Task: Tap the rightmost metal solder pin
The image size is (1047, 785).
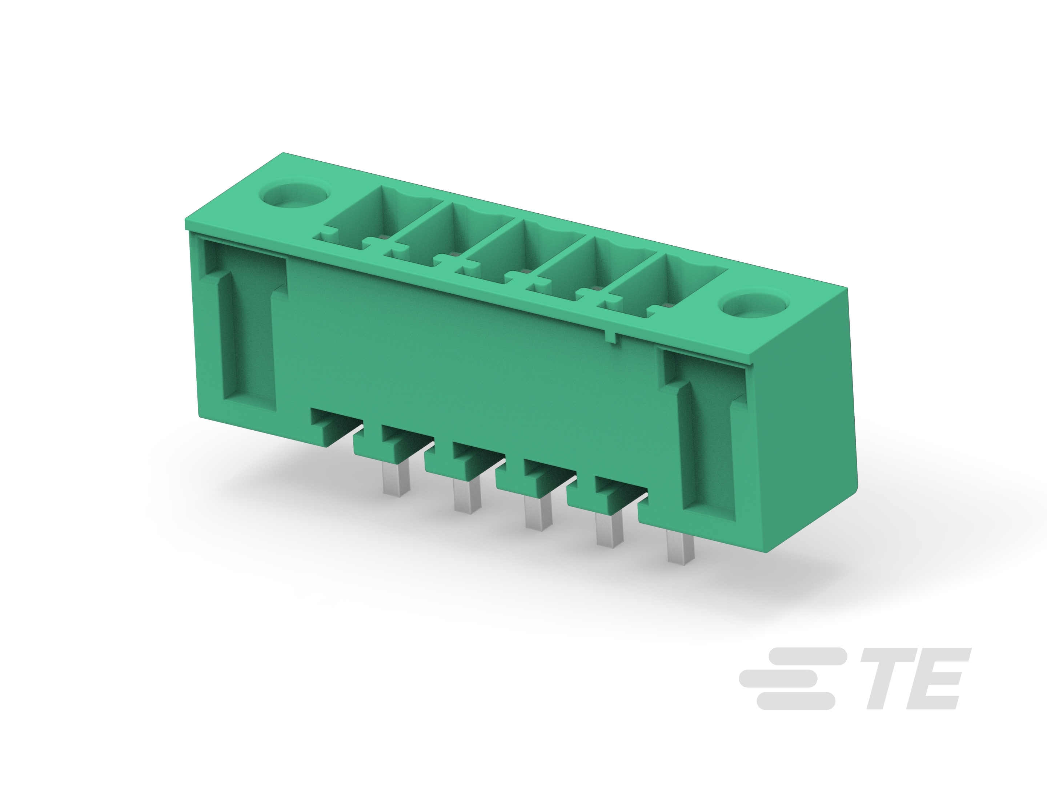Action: point(680,547)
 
